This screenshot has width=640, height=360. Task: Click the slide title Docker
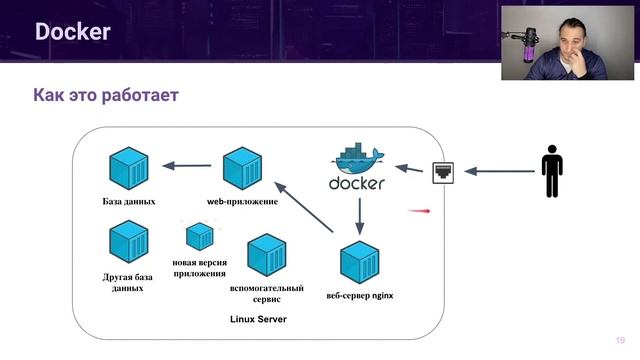coord(72,32)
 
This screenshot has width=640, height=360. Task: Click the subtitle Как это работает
coord(105,96)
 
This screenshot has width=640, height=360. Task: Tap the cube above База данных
coord(129,165)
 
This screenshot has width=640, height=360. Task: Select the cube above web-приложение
coord(242,165)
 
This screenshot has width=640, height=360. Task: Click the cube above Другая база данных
coord(129,241)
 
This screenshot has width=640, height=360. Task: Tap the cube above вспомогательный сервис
coord(267,255)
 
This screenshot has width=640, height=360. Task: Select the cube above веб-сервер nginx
coord(359,262)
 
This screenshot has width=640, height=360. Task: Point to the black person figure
coord(551,172)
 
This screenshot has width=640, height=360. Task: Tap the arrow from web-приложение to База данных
coord(186,166)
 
